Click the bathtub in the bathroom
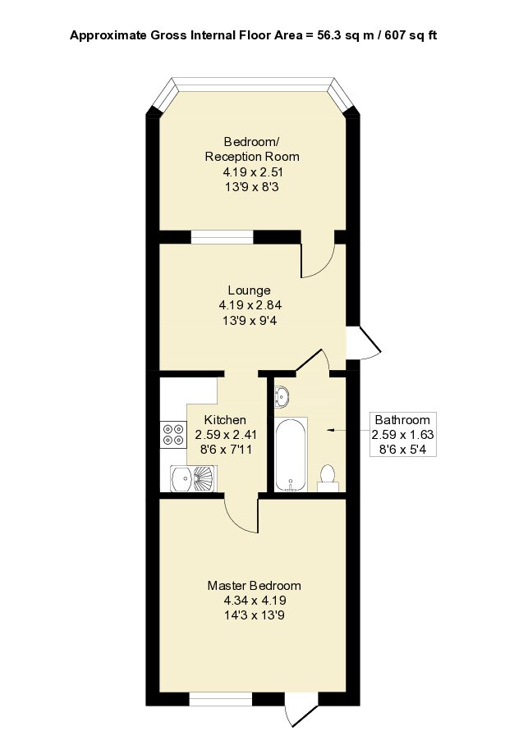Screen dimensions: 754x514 click(x=291, y=455)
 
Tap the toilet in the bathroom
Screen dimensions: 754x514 click(x=328, y=477)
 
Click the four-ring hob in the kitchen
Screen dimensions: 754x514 click(x=173, y=434)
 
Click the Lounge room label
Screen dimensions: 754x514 click(x=249, y=290)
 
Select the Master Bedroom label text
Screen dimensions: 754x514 click(x=254, y=586)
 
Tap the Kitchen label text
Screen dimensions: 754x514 click(x=214, y=419)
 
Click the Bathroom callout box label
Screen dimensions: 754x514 click(x=401, y=420)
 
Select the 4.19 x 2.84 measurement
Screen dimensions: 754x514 click(x=249, y=304)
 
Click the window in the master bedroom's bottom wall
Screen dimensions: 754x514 click(x=221, y=699)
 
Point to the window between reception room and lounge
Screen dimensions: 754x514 click(x=222, y=237)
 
